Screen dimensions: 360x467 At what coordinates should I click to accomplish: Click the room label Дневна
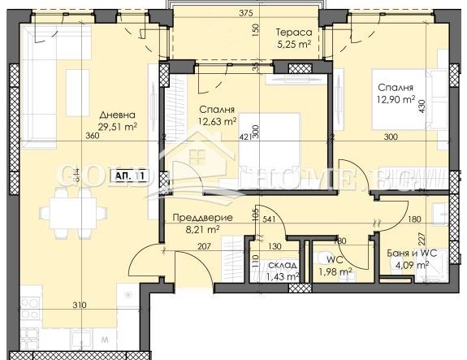pyautogui.click(x=113, y=115)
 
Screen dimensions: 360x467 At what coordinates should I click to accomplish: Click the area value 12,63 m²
pyautogui.click(x=217, y=122)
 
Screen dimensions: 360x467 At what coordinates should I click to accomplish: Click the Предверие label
pyautogui.click(x=204, y=218)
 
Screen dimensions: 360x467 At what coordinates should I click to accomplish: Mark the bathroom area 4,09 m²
pyautogui.click(x=412, y=265)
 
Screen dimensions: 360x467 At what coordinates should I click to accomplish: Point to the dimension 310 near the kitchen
pyautogui.click(x=79, y=306)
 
